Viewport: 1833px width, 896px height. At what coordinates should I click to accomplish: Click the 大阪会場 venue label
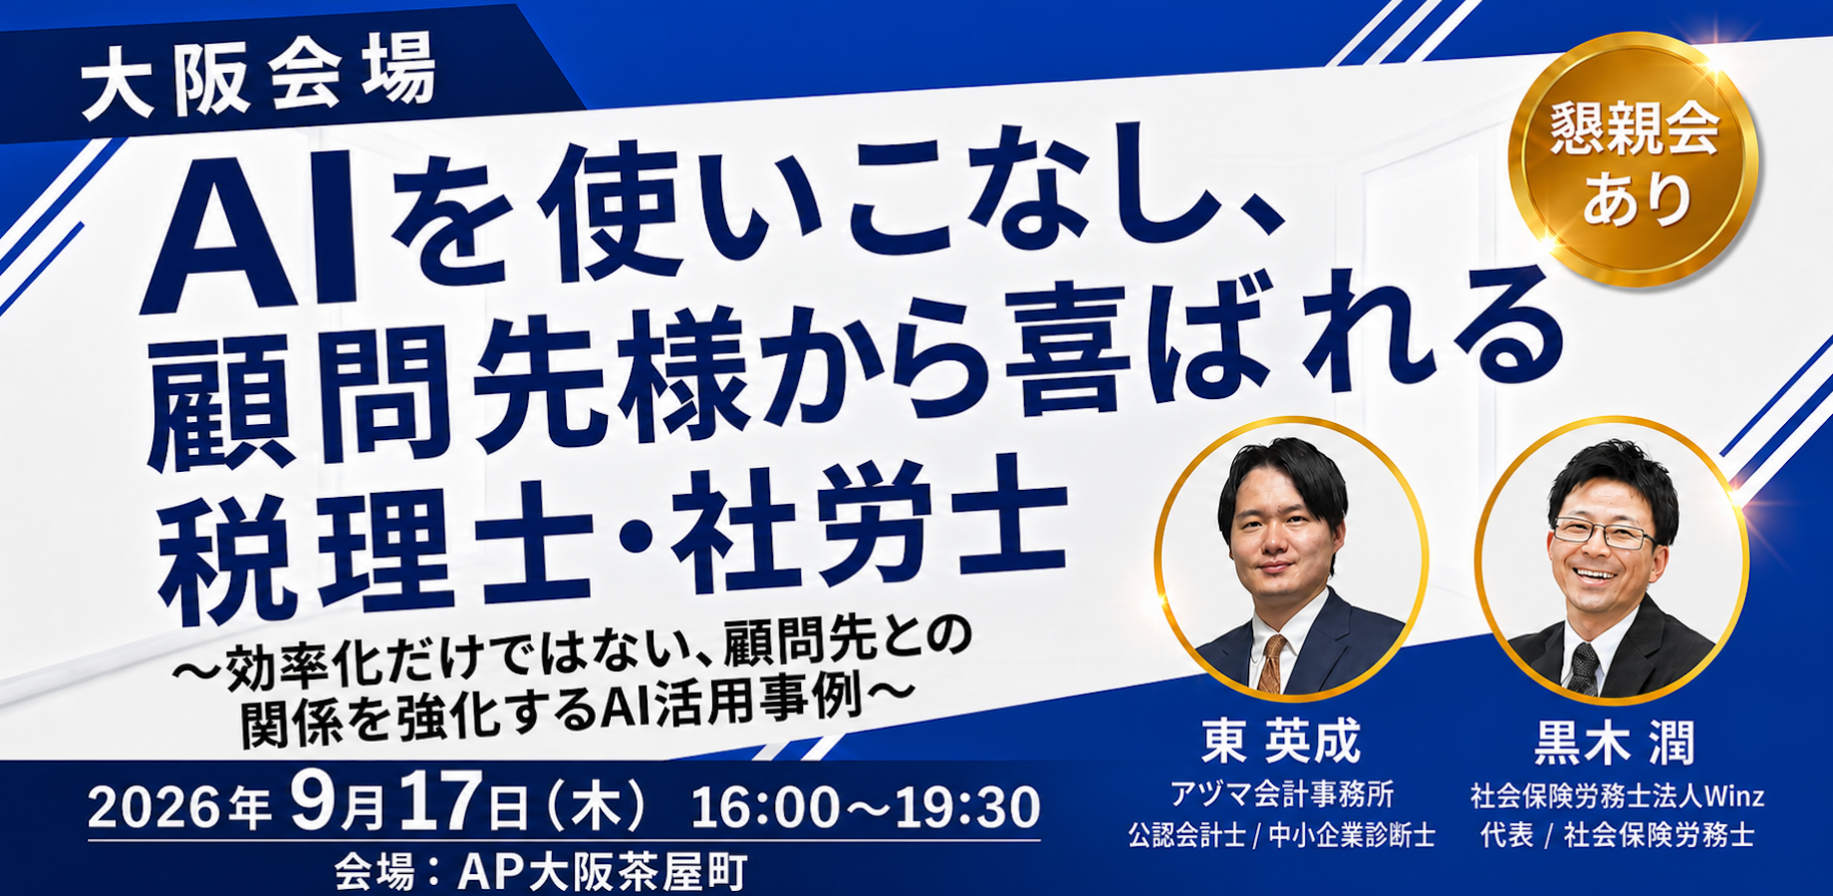259,78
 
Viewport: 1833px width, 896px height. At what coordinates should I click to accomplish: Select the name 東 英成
1281,742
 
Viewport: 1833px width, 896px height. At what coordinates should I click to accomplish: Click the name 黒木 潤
1614,743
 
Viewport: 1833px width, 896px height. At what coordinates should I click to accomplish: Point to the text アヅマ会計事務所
1282,794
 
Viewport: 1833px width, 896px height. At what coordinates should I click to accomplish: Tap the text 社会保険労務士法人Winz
1617,795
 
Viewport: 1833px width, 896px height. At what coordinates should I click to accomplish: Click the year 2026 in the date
154,807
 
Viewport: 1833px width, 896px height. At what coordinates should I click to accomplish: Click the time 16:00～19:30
866,807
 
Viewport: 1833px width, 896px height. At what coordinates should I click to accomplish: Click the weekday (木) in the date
597,805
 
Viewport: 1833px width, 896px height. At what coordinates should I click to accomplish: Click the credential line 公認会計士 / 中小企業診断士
1282,835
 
